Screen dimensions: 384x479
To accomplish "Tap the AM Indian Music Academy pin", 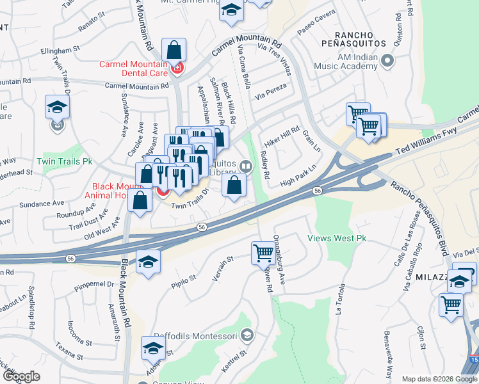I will pyautogui.click(x=387, y=61).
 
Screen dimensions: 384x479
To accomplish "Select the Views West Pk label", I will pyautogui.click(x=336, y=238).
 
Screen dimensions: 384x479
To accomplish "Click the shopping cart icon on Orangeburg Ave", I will pyautogui.click(x=264, y=253).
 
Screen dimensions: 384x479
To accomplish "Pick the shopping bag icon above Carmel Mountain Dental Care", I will pyautogui.click(x=174, y=49).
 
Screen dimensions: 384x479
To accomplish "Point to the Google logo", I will pyautogui.click(x=21, y=376).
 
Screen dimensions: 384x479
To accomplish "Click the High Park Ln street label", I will pyautogui.click(x=298, y=181).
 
